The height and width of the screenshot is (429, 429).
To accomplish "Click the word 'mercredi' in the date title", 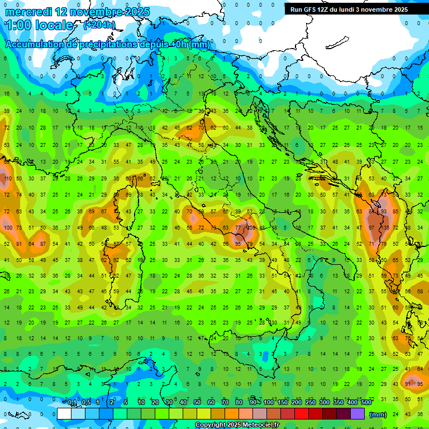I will (28, 12).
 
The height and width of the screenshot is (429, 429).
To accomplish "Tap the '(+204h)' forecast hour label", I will (99, 25).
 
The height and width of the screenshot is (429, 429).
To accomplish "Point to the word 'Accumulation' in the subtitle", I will (36, 45).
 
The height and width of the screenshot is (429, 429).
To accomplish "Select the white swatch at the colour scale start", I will (64, 414).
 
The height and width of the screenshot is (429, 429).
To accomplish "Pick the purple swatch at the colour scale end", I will (357, 414).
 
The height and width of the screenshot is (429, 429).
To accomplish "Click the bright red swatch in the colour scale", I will (302, 414).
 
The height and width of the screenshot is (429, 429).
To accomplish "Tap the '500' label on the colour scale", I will (366, 402).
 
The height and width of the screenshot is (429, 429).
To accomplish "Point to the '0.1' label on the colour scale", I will (72, 402).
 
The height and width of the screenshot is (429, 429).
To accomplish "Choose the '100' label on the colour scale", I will (269, 402).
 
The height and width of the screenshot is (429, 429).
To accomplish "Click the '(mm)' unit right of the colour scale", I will (378, 414).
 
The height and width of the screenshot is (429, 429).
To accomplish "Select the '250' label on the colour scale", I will (311, 402).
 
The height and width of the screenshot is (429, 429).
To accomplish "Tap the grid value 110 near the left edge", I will (8, 179).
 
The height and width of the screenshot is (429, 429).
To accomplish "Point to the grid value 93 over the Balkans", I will (384, 212).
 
